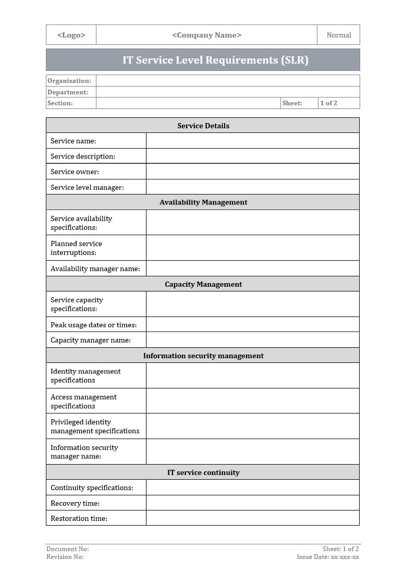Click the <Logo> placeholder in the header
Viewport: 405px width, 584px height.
[71, 35]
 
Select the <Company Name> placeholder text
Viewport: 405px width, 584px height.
[206, 35]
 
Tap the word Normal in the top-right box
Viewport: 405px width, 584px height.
[339, 35]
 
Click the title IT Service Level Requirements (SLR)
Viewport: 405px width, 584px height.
[215, 60]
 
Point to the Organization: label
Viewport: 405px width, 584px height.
[69, 81]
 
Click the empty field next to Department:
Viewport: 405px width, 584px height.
[228, 92]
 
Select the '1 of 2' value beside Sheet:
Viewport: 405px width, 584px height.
[329, 103]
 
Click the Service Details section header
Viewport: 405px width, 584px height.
[203, 126]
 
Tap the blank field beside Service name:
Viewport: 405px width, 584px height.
[253, 141]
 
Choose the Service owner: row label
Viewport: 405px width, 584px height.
[75, 172]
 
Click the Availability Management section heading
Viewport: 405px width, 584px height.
[203, 202]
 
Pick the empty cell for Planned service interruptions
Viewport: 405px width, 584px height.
[253, 248]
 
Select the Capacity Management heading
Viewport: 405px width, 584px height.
[203, 284]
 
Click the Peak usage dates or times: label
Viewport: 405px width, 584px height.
[93, 325]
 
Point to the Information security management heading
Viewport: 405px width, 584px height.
[203, 356]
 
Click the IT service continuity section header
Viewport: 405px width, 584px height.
[203, 472]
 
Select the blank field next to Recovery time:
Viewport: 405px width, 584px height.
[253, 503]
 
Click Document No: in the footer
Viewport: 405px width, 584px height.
[68, 549]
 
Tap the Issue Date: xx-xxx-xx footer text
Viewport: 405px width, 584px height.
[328, 557]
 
